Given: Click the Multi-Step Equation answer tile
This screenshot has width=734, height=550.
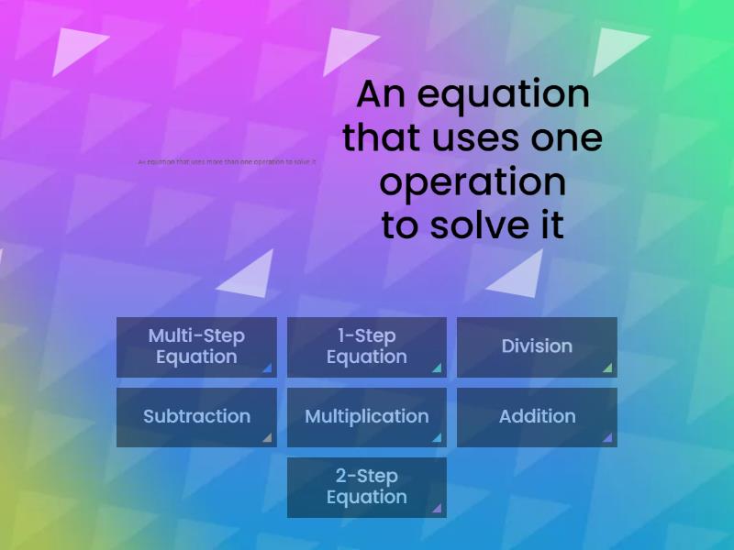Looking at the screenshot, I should click(196, 346).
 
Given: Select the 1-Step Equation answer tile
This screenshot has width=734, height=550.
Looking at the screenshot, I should click(366, 346).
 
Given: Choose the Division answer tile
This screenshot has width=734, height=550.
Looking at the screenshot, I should click(537, 346).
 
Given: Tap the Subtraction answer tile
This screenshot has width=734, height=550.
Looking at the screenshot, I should click(196, 417).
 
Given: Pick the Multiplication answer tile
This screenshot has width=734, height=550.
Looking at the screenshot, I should click(366, 417).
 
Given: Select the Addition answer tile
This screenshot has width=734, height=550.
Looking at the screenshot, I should click(537, 417).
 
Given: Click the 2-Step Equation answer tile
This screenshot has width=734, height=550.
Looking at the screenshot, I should click(366, 487).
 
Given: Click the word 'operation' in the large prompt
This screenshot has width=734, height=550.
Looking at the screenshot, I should click(473, 181).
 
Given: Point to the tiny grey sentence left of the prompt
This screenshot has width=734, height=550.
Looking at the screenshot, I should click(227, 162).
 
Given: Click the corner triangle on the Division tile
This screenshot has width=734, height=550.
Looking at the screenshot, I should click(607, 368).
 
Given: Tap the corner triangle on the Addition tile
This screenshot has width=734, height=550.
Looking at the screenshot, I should click(607, 438).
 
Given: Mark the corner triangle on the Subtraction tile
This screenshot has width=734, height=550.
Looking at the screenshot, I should click(267, 438).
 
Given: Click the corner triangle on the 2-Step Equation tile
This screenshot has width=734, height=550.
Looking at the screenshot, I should click(437, 508).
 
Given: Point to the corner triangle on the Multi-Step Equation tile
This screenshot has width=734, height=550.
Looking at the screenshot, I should click(267, 368).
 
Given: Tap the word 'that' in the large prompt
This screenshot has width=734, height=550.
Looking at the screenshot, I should click(373, 138).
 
